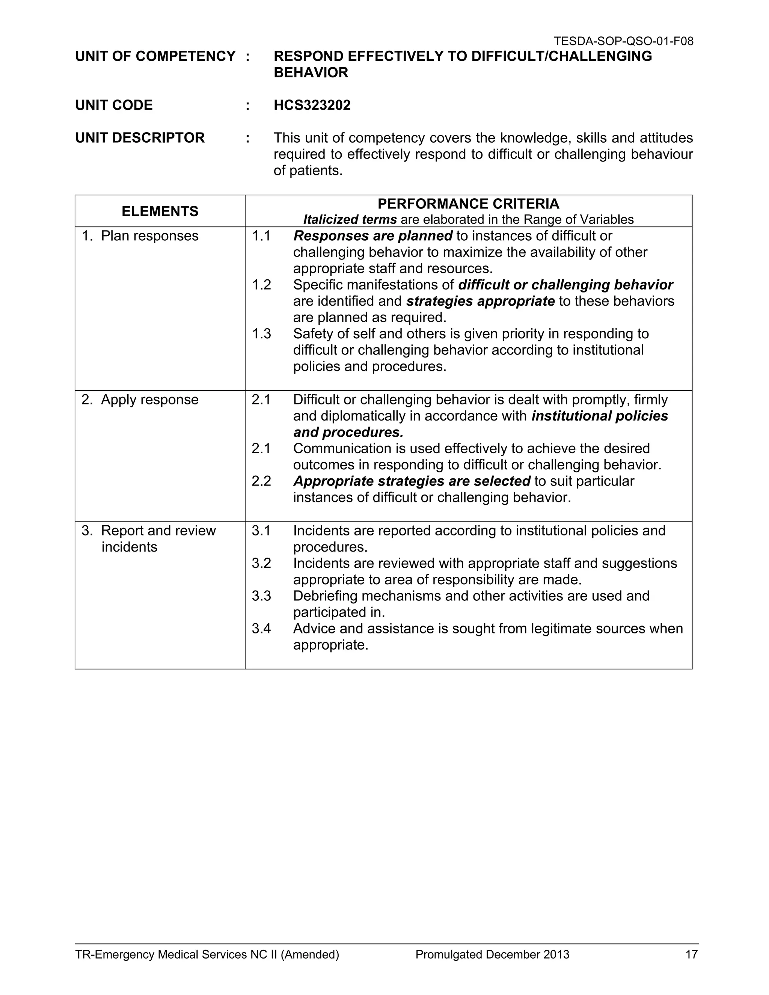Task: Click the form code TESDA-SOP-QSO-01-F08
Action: (623, 41)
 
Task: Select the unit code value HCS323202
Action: (312, 105)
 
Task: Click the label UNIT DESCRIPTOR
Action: (140, 137)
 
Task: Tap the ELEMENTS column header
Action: (160, 211)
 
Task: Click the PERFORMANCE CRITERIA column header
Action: (468, 204)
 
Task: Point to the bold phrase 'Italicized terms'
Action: (350, 220)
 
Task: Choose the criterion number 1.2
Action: (261, 285)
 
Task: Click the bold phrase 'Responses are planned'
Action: (372, 236)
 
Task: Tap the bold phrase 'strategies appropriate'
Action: (480, 301)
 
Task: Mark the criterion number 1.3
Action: (261, 334)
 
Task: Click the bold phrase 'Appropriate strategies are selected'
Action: (412, 481)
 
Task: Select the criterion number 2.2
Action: (261, 481)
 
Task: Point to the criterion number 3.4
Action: (261, 629)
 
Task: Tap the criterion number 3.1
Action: (261, 531)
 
